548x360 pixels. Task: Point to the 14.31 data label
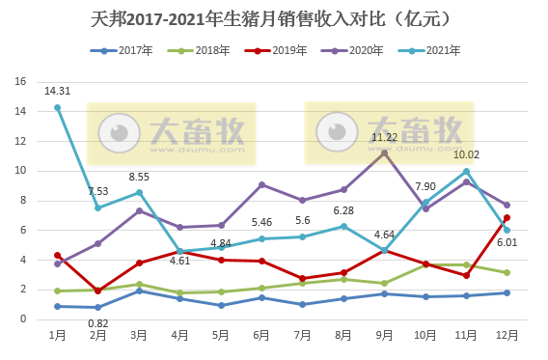click(57, 92)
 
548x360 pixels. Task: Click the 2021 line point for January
click(58, 107)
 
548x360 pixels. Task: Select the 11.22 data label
click(384, 137)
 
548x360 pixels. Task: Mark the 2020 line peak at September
click(384, 152)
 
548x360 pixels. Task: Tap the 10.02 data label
click(466, 154)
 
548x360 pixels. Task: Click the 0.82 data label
click(97, 322)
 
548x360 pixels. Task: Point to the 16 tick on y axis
click(20, 82)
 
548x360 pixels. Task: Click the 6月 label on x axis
click(261, 334)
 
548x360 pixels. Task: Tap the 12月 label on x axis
click(506, 334)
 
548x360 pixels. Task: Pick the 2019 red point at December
click(507, 217)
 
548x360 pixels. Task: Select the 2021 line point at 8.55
click(139, 192)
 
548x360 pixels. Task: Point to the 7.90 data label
click(425, 186)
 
